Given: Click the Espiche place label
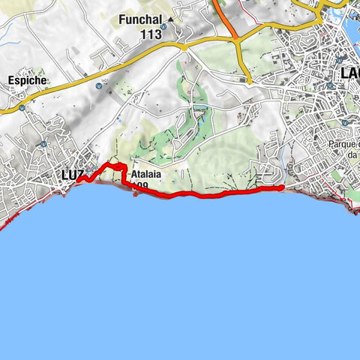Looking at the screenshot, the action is coord(27,79).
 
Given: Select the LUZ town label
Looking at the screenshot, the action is coord(71,174).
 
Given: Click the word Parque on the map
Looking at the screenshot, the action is coord(343,144).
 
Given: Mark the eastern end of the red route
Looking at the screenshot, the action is coord(282,188).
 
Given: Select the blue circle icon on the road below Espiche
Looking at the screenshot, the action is coord(22,107).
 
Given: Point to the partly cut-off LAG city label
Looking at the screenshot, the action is coord(348,73).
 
